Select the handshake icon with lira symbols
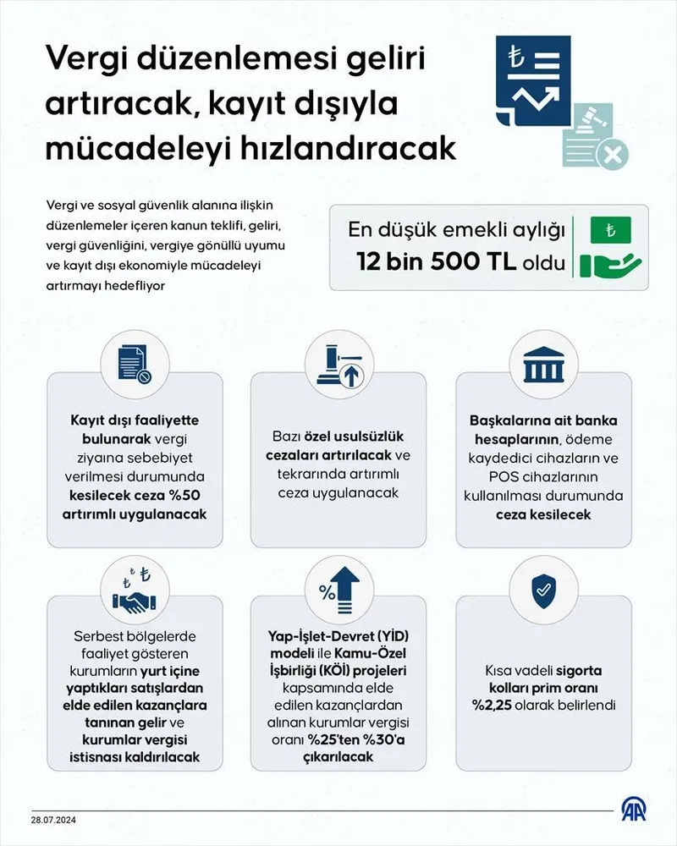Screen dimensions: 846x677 tap(135, 591)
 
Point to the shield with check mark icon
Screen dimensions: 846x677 tap(544, 592)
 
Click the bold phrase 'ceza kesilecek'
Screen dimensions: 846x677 tap(543, 514)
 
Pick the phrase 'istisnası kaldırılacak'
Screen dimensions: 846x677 tap(135, 757)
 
